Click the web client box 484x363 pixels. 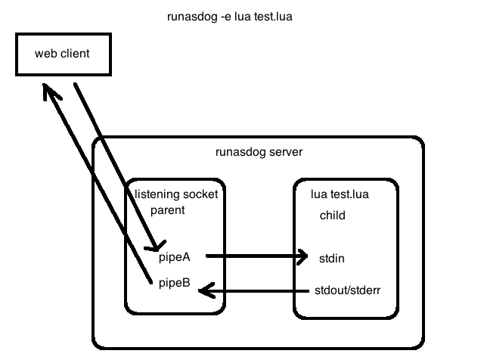tap(62, 54)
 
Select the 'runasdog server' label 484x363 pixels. tap(259, 152)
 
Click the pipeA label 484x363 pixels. tap(175, 257)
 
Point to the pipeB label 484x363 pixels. tap(175, 284)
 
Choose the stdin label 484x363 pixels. tap(332, 258)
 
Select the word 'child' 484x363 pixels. tap(332, 215)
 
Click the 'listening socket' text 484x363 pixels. tap(176, 194)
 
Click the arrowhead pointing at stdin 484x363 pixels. tap(302, 256)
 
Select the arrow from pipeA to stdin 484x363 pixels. tap(253, 256)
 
